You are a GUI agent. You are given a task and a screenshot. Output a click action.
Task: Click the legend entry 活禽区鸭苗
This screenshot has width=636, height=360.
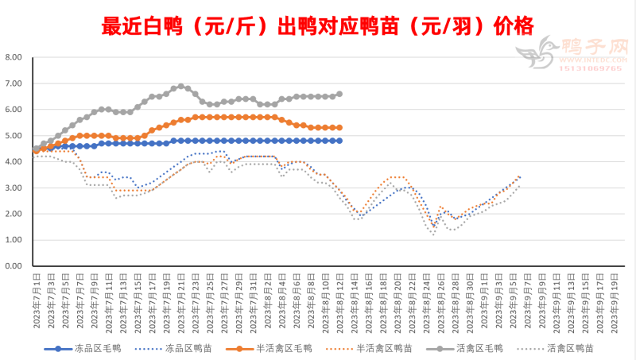568,348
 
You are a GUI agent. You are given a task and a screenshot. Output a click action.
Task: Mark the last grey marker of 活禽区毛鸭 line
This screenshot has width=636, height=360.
339,94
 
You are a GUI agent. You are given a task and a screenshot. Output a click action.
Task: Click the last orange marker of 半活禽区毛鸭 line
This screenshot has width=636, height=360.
339,127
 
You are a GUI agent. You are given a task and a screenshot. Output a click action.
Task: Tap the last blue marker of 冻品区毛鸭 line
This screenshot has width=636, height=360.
339,141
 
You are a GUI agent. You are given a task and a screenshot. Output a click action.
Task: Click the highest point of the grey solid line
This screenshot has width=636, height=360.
181,86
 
